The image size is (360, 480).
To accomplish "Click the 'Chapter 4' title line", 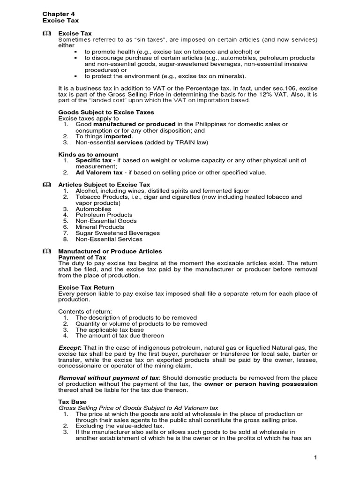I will (x=59, y=14).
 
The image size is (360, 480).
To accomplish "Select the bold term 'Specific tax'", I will (x=94, y=160).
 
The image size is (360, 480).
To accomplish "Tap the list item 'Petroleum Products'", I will (x=104, y=215).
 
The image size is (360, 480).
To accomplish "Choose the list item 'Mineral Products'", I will (x=100, y=227).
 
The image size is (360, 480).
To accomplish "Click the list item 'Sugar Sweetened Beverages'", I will (x=118, y=233).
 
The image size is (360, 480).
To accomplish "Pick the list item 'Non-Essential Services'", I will (x=109, y=239).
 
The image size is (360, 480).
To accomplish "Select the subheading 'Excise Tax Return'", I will (x=86, y=287).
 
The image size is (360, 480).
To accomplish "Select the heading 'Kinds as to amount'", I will (x=88, y=154).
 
